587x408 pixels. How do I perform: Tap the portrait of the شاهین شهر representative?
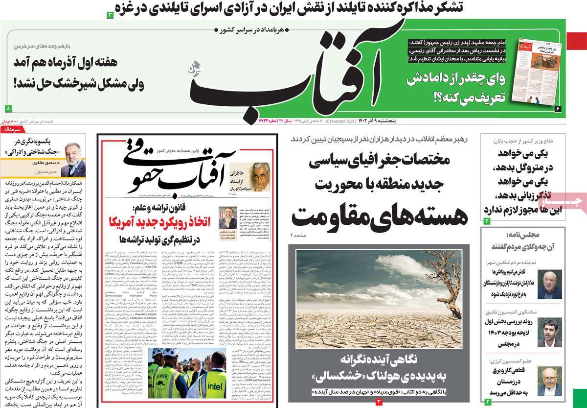click(549, 284)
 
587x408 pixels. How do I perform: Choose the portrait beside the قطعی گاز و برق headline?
click(549, 381)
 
